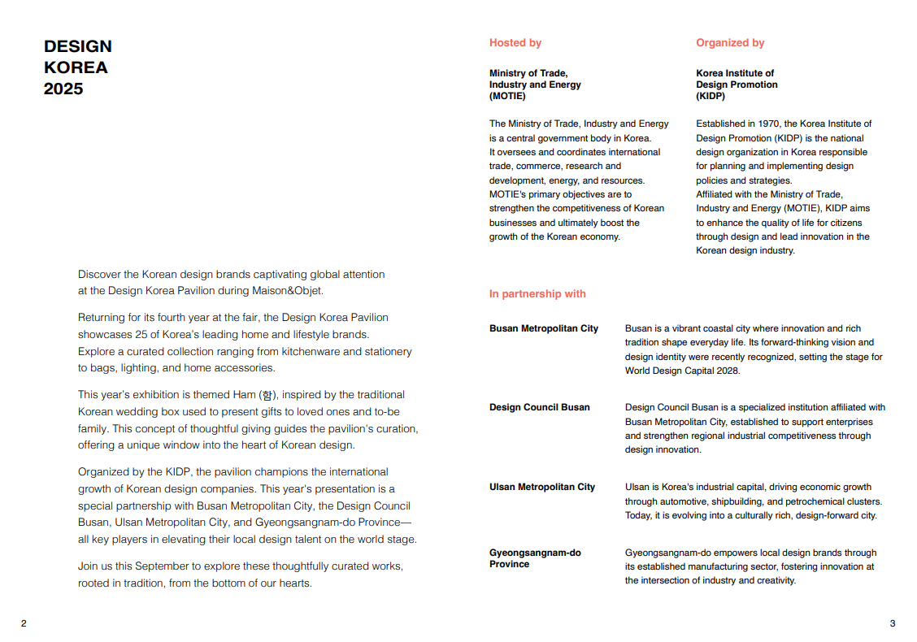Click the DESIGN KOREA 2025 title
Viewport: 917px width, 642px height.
click(77, 67)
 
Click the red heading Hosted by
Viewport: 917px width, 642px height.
click(515, 43)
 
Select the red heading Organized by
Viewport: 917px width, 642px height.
click(730, 43)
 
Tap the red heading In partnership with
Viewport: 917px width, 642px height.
click(537, 294)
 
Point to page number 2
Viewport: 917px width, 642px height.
click(24, 623)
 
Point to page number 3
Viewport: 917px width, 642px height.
click(892, 623)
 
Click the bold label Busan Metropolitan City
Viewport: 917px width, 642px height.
click(543, 328)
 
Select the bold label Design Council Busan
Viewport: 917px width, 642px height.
click(539, 407)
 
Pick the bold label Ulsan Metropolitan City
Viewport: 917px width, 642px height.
click(541, 487)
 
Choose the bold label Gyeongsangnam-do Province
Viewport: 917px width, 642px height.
click(534, 558)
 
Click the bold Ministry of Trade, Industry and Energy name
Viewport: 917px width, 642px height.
click(534, 85)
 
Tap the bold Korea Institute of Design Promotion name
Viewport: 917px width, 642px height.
click(736, 85)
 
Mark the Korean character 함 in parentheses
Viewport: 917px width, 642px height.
click(267, 395)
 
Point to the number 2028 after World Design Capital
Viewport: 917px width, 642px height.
click(727, 371)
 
